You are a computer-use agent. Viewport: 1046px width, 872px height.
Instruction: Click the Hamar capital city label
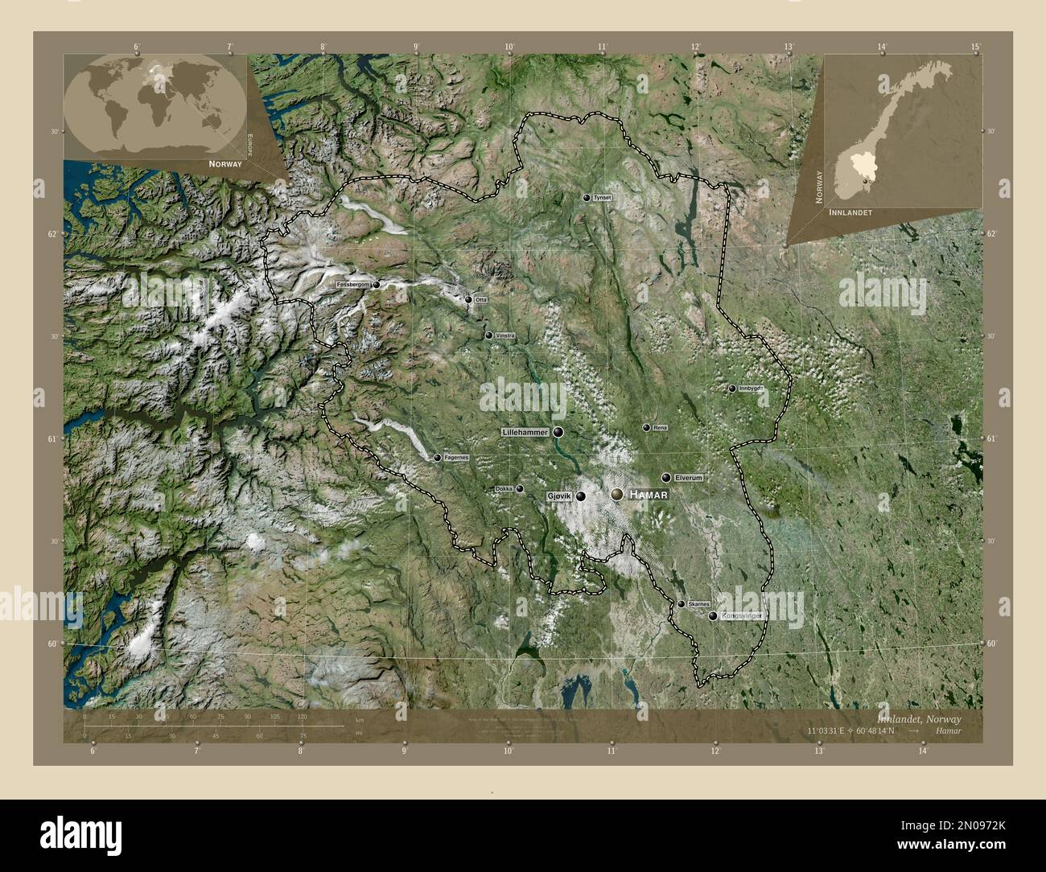click(x=649, y=494)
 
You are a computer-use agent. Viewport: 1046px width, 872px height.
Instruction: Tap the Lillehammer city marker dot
click(x=558, y=432)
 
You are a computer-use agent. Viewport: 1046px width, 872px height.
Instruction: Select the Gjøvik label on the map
click(x=558, y=496)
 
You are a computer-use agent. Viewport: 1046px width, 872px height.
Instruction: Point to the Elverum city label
click(x=689, y=478)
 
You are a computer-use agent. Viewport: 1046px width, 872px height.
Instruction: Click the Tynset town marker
click(x=587, y=197)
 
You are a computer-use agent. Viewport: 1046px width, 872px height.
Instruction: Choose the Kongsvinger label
click(x=741, y=616)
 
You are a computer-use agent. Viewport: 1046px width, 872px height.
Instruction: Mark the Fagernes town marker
click(x=437, y=458)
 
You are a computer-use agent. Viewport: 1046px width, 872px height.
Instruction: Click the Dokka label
click(x=504, y=488)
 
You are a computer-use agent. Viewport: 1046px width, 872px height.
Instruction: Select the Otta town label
click(x=481, y=299)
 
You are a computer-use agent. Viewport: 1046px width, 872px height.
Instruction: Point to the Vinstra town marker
click(x=488, y=335)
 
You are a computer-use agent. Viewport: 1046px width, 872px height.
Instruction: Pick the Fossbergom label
click(x=353, y=285)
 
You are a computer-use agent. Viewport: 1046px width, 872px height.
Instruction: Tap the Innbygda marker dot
click(x=732, y=389)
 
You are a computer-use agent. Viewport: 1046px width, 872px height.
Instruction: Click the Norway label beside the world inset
click(x=224, y=163)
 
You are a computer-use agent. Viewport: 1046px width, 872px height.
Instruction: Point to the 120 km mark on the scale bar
click(x=303, y=716)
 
